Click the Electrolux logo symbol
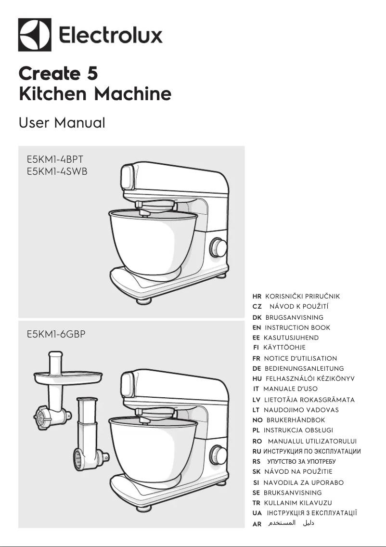(x=35, y=35)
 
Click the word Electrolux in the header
(x=111, y=36)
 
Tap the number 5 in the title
(x=92, y=73)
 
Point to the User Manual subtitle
(x=62, y=123)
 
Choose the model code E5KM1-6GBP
(x=56, y=334)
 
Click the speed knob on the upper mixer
(x=219, y=248)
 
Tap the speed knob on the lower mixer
(x=219, y=454)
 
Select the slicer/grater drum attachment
(x=87, y=438)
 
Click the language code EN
(x=257, y=327)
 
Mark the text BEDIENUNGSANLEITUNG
(x=304, y=368)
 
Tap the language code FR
(x=256, y=358)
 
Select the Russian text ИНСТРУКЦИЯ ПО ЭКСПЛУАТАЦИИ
(x=312, y=451)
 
